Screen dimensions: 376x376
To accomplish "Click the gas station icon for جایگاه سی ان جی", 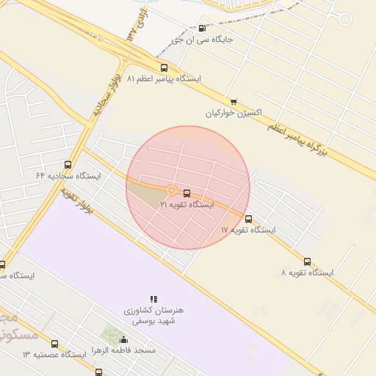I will [x=202, y=29].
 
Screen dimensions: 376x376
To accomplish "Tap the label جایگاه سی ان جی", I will [x=202, y=40].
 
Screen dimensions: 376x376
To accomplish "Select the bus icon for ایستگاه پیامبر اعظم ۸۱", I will [x=163, y=67].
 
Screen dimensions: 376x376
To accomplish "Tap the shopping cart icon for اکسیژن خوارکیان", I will [x=234, y=102].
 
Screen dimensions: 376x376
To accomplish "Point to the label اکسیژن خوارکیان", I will [x=234, y=114].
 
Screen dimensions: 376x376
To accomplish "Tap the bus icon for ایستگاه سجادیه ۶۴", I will [x=68, y=165].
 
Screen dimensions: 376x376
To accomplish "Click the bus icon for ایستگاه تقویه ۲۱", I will [x=187, y=193].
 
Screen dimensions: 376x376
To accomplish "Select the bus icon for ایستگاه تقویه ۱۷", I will [x=248, y=219].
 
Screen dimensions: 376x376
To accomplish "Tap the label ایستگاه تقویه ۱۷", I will [x=248, y=230].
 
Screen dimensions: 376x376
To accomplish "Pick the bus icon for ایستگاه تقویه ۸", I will [x=307, y=261].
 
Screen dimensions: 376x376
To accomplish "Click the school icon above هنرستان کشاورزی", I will [x=153, y=299].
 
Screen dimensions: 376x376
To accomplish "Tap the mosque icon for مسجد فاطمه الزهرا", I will [x=123, y=340].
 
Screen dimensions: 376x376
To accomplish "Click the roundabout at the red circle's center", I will [x=171, y=190].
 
